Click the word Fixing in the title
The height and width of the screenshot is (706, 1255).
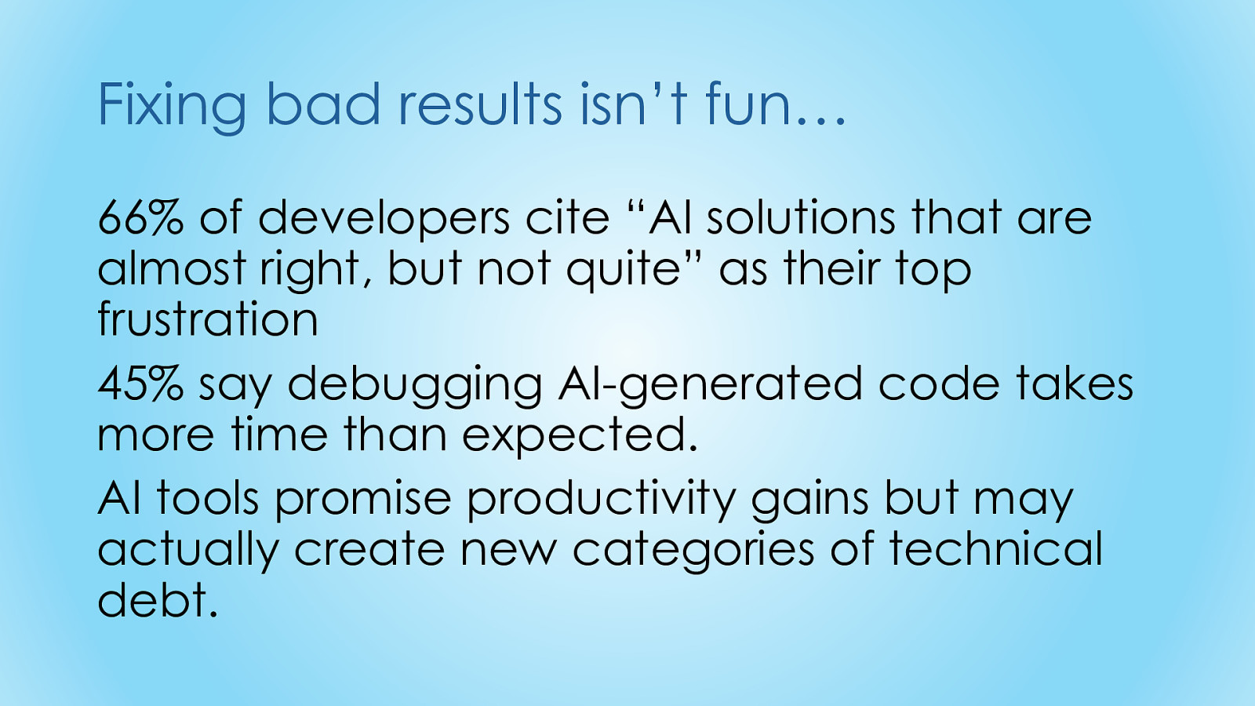coord(172,107)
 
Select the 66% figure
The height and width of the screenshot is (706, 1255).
coord(140,217)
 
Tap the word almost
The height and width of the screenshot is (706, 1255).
coord(172,267)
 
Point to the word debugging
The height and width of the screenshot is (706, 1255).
coord(415,388)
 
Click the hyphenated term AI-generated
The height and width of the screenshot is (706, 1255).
coord(710,388)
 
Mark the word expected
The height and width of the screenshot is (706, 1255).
coord(580,439)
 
